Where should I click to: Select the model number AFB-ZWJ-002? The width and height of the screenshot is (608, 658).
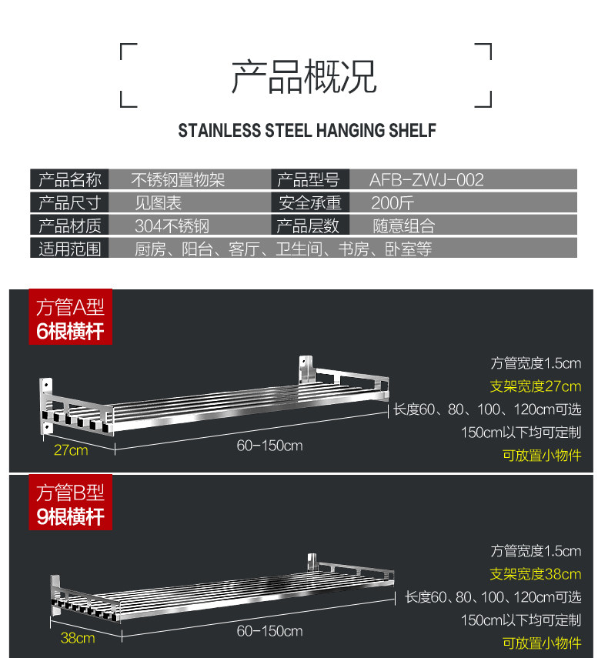[426, 180]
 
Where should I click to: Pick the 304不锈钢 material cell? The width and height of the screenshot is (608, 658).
[172, 226]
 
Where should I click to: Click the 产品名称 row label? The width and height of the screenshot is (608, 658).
[70, 180]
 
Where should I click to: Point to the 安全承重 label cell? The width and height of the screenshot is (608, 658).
[308, 203]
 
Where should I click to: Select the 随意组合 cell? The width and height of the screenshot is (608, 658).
[404, 226]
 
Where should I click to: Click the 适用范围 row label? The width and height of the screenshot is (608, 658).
[70, 249]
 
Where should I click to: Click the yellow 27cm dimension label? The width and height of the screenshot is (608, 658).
[71, 450]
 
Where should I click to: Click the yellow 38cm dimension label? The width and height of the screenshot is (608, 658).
[78, 637]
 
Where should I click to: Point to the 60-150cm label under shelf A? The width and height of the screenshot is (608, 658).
[269, 446]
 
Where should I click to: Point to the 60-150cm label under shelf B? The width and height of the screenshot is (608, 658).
[269, 631]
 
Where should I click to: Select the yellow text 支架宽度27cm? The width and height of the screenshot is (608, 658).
[536, 386]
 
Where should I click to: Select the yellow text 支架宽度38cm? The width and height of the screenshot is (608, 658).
[536, 574]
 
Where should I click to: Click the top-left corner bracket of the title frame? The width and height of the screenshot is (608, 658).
[129, 52]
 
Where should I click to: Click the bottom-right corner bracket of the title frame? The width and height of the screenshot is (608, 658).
[483, 98]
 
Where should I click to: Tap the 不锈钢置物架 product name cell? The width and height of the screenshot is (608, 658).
[178, 180]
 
